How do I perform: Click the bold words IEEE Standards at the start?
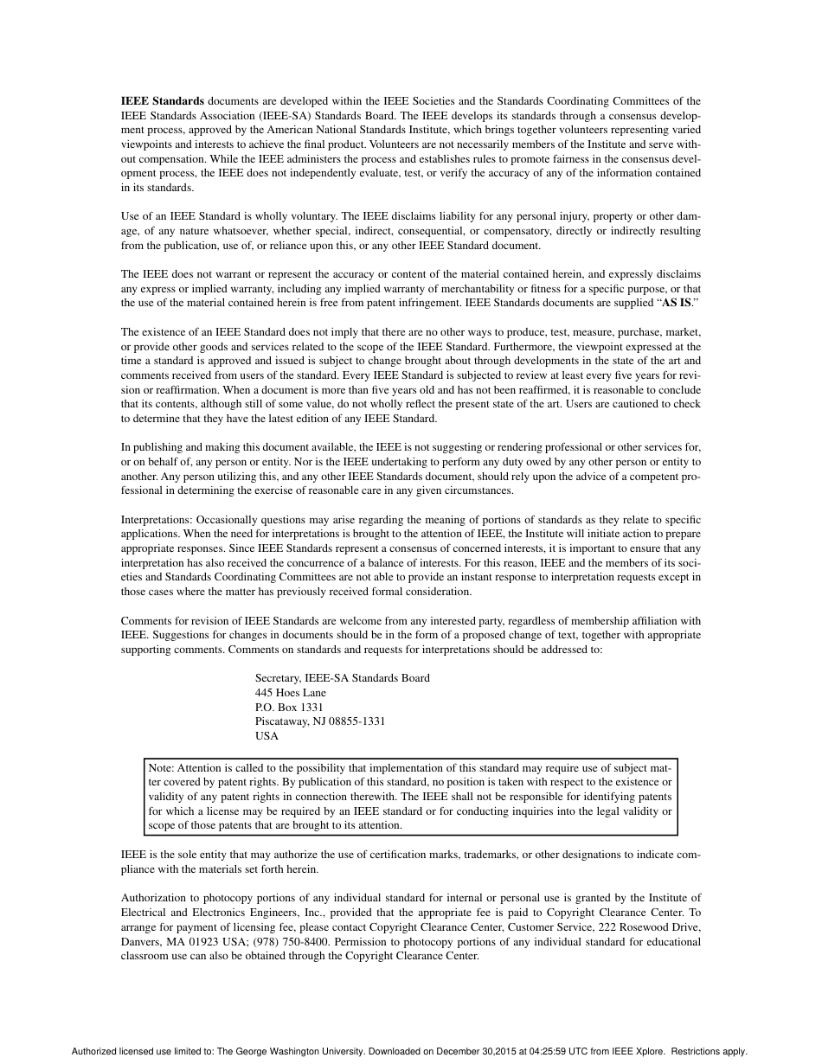click(163, 101)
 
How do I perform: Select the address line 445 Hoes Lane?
click(291, 692)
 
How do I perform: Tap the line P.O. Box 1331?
click(289, 707)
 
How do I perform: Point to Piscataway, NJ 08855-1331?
click(320, 721)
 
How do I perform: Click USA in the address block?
click(267, 735)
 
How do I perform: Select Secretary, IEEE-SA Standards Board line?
click(342, 677)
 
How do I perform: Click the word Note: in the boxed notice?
click(162, 767)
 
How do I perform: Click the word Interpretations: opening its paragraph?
click(157, 519)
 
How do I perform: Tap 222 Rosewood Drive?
click(650, 926)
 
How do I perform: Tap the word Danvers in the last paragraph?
click(139, 941)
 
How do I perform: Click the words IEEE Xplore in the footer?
click(639, 1052)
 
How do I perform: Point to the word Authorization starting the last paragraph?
click(154, 898)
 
